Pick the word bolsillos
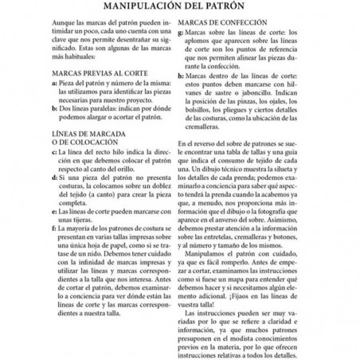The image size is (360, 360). click(x=205, y=110)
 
